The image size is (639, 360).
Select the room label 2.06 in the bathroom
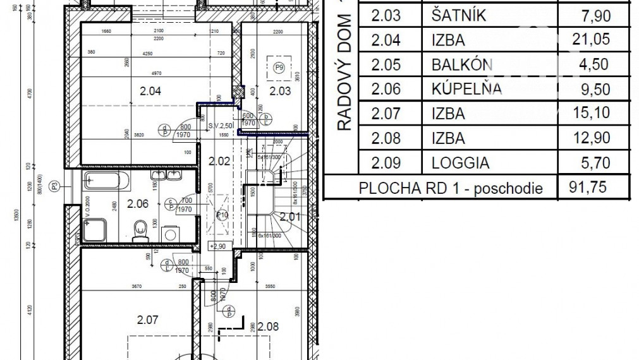138,203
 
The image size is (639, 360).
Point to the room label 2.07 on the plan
147,320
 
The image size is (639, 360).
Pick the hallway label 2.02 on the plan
219,160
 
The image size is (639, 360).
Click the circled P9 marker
277,66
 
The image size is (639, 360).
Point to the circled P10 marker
222,215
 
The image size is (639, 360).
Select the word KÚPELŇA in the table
466,89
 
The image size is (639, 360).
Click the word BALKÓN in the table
462,64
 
